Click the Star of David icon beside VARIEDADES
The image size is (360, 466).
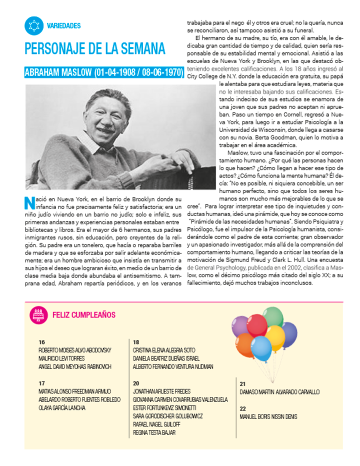pos(34,26)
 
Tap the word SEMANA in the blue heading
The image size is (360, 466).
pos(141,49)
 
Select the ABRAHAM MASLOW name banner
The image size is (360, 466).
pos(104,72)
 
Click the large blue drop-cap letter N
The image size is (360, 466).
pos(29,201)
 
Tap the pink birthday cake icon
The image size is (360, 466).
pos(37,314)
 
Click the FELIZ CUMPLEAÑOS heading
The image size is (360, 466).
pos(84,314)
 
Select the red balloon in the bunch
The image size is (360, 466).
pos(256,324)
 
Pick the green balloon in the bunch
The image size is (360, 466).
pos(273,316)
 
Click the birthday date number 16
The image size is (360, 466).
pos(41,342)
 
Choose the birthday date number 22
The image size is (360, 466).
pos(242,408)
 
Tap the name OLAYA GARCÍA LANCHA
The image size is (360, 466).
pos(62,408)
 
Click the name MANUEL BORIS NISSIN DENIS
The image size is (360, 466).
pos(268,416)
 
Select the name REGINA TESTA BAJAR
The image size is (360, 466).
pos(154,432)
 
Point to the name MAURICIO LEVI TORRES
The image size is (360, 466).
pos(61,358)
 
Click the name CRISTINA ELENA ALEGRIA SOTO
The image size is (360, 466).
pos(164,350)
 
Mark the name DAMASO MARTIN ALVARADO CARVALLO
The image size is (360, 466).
pos(279,392)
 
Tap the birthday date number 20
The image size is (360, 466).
pos(136,383)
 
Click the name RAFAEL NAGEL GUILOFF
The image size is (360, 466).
pos(156,424)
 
